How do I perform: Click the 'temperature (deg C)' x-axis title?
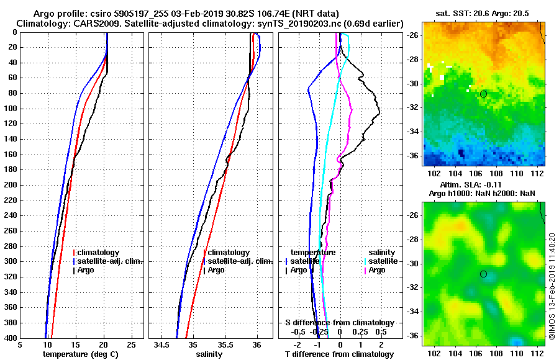80,354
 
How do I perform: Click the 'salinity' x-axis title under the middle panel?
209,354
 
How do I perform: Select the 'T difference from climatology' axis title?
340,354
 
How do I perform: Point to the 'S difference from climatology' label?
340,323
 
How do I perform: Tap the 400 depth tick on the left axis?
11,338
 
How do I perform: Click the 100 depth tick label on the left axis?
11,109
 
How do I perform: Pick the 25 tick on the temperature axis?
130,345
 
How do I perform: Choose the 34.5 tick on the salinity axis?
162,345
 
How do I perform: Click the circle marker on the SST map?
483,94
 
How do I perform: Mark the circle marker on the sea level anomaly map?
483,274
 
